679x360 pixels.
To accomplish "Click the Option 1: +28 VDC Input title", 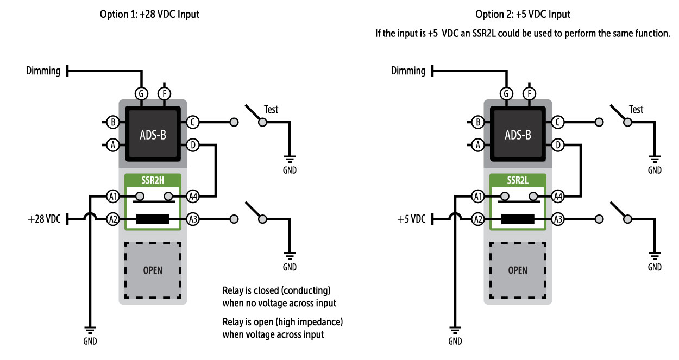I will point(149,15).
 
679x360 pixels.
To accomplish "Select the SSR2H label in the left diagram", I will point(152,179).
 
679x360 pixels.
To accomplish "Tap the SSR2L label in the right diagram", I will point(517,179).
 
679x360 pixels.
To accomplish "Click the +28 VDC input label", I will point(45,219).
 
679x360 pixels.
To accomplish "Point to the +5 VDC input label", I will point(411,219).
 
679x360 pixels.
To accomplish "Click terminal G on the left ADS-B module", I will point(141,93).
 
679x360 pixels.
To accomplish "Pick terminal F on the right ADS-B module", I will point(529,93).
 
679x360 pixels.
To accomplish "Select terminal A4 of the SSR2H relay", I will point(192,196).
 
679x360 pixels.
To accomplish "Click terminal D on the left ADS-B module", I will point(192,145).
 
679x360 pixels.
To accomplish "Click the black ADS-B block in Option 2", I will point(517,134).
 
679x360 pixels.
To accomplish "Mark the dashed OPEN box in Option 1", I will point(153,270).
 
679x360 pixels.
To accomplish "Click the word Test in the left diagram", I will point(271,109).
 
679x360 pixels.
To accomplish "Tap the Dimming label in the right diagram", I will point(408,71).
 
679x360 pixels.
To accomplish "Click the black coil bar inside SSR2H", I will point(153,219).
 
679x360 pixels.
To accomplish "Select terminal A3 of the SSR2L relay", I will point(557,219).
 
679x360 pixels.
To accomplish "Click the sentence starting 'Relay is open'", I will point(282,328).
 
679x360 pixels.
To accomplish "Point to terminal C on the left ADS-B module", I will point(192,122).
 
